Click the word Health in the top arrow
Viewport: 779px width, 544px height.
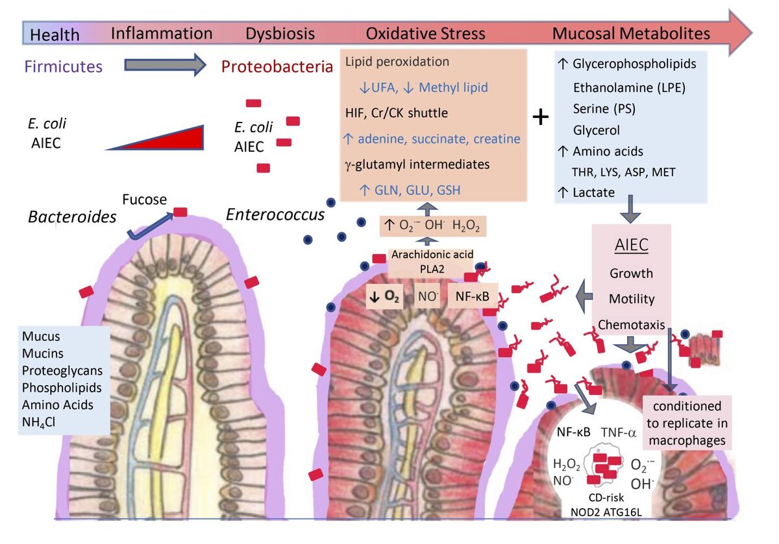(x=55, y=34)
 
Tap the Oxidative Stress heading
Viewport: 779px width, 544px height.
(x=425, y=34)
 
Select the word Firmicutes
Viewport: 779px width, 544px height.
(x=65, y=66)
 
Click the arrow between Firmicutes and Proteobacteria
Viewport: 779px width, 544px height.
(x=165, y=65)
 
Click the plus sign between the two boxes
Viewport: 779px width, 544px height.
(x=540, y=117)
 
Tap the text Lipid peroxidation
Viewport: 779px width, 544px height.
(x=397, y=63)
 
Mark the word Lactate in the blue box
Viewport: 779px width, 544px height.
(x=594, y=192)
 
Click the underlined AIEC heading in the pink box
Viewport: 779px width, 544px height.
(x=631, y=247)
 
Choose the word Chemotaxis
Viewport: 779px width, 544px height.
(x=631, y=324)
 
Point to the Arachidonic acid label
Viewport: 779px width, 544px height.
(x=430, y=254)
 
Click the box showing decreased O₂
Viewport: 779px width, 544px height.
(x=384, y=296)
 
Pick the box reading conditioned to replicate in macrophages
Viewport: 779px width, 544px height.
(x=687, y=423)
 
